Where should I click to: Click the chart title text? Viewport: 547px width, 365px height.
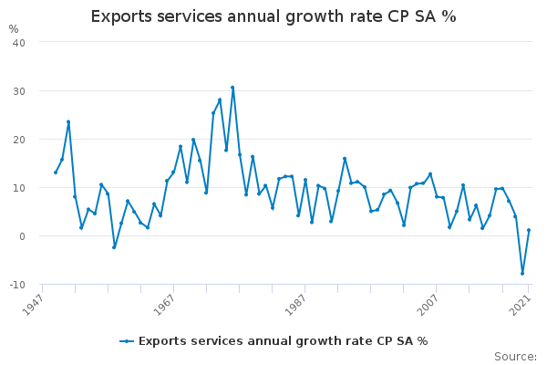click(273, 16)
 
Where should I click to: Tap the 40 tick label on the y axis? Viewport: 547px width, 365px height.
click(18, 43)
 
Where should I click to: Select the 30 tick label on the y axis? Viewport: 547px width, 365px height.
click(18, 91)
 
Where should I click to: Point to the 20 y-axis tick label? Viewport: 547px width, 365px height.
click(18, 140)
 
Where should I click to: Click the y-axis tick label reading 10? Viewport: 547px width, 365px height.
click(18, 188)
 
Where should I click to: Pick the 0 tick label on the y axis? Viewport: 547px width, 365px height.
click(22, 236)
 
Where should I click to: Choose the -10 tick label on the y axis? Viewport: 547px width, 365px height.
click(16, 285)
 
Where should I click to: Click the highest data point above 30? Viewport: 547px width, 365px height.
click(232, 88)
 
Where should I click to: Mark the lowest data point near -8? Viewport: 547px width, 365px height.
click(522, 274)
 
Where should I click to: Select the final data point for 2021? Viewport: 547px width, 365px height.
click(529, 230)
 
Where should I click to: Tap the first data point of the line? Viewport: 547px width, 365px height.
click(56, 172)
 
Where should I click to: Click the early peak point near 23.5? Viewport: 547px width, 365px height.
click(68, 121)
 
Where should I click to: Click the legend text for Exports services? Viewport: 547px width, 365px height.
click(283, 341)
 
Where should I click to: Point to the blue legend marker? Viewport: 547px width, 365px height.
click(127, 341)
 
